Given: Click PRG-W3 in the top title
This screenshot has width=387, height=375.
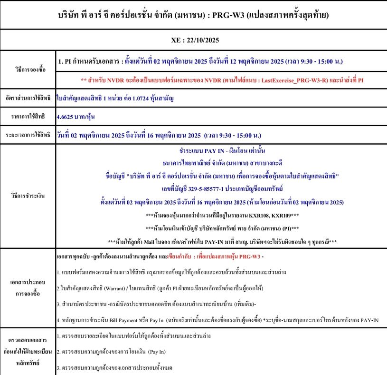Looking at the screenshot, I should coord(227,15).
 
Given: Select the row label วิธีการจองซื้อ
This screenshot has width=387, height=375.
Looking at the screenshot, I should coord(28,69).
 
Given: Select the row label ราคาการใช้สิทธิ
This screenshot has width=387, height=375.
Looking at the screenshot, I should coord(28,116).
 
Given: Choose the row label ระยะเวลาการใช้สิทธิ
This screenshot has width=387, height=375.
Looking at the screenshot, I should coord(28,134).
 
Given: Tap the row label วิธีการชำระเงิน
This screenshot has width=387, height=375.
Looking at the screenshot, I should coord(28,196).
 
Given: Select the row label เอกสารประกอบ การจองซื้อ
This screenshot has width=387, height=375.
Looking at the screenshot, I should coord(28,287).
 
